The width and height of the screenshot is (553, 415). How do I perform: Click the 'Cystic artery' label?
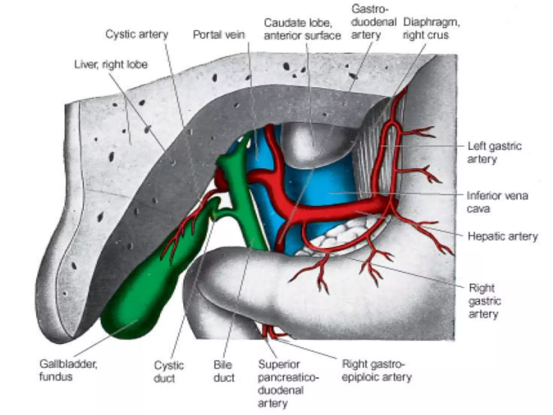point(137,35)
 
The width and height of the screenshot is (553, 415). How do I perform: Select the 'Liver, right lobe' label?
point(111,65)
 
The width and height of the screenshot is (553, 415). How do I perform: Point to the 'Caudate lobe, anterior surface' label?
point(302,29)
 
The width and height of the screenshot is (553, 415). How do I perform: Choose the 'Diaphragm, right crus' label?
point(431,29)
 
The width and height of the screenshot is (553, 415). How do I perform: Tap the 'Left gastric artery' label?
point(494,153)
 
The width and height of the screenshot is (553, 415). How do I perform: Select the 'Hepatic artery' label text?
point(503,236)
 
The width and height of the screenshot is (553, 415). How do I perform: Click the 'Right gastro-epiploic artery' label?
point(376,370)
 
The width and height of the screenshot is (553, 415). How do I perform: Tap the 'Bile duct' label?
point(224,372)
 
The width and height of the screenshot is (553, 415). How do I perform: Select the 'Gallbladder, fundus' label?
point(68,370)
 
